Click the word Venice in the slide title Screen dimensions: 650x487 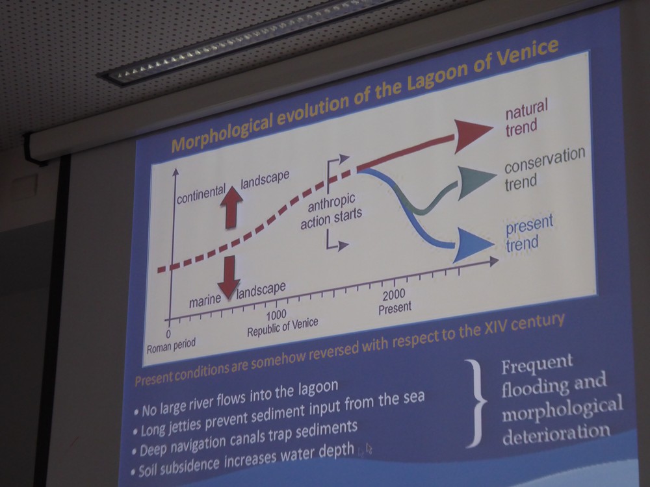point(526,53)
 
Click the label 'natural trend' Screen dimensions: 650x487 point(526,118)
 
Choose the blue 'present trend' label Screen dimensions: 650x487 point(529,234)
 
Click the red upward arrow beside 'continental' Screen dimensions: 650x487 point(231,207)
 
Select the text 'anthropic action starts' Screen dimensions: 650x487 point(331,211)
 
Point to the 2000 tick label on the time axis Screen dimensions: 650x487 point(393,295)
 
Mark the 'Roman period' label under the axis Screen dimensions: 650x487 point(171,345)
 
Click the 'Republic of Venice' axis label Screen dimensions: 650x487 point(282,327)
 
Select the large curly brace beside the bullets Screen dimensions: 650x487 point(476,403)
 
